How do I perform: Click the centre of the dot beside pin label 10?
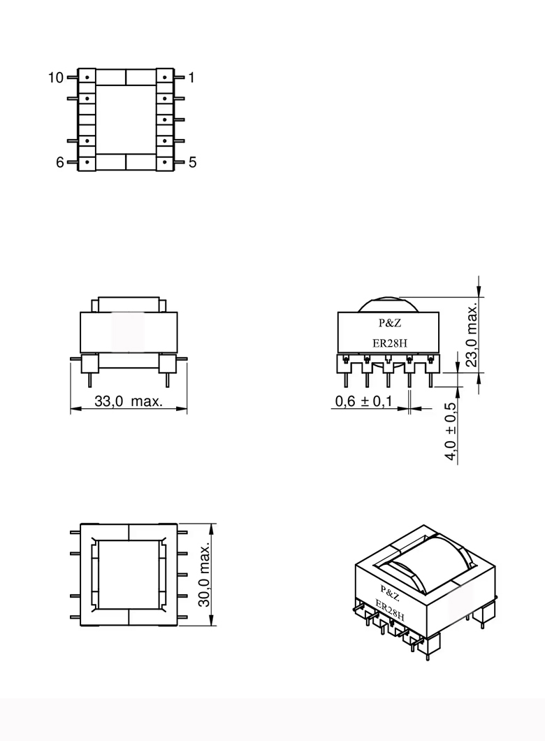[87, 77]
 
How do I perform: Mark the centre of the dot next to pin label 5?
[164, 162]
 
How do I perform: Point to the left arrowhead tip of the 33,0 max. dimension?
[71, 408]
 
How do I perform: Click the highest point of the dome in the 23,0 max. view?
[388, 297]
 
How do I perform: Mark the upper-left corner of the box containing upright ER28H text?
[337, 312]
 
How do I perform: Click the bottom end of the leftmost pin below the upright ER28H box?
[345, 387]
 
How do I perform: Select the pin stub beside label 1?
[180, 77]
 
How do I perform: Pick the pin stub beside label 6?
[72, 162]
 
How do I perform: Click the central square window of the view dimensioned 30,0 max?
[129, 575]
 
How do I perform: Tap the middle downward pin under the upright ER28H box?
[388, 380]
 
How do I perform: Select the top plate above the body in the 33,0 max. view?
[129, 305]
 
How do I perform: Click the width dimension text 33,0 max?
[129, 401]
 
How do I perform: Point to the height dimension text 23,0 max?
[472, 336]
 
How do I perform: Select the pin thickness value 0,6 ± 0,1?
[363, 401]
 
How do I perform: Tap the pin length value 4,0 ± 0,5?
[451, 431]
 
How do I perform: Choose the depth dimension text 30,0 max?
[204, 575]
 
